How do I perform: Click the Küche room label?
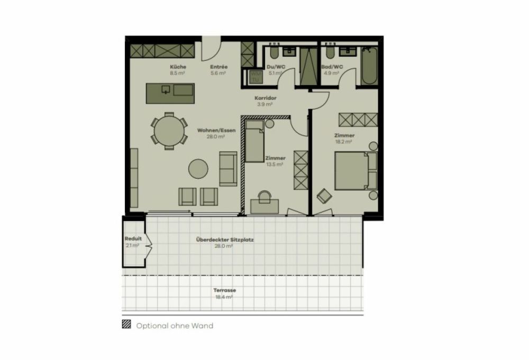[x=177, y=67]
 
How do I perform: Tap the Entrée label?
[x=218, y=67]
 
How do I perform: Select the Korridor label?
[x=265, y=98]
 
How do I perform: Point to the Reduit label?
[x=133, y=239]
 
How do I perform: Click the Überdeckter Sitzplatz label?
[x=225, y=239]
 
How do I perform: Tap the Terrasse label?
[x=225, y=291]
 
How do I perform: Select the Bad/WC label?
[x=332, y=67]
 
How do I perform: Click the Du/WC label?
[x=276, y=67]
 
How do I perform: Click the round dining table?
[x=169, y=131]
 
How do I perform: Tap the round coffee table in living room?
[x=199, y=169]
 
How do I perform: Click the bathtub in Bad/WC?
[x=369, y=66]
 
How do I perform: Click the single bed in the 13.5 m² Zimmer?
[x=255, y=141]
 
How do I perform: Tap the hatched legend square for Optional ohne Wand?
[x=126, y=325]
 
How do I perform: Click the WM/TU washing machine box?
[x=256, y=77]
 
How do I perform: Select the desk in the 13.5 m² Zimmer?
[x=264, y=207]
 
